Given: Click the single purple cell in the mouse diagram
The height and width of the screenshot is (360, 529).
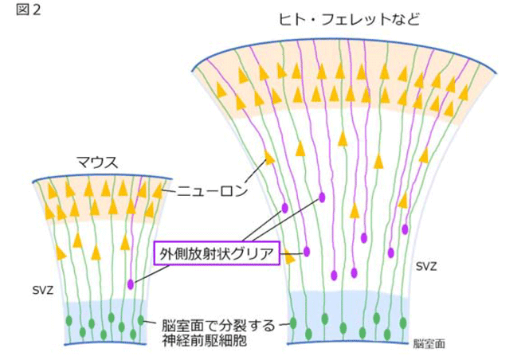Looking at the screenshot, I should click(x=131, y=284).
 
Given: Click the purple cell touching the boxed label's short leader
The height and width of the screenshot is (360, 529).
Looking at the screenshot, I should click(x=306, y=252).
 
